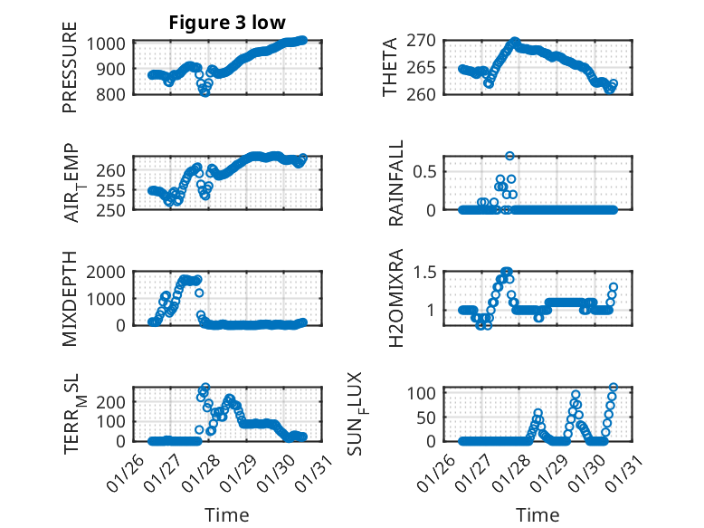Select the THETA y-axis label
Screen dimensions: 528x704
[x=390, y=68]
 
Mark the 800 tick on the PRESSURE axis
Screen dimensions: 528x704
[x=114, y=93]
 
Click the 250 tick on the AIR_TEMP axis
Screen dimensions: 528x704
[x=114, y=209]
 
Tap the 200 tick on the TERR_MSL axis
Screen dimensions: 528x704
[x=114, y=399]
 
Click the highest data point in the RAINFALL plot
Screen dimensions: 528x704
[x=509, y=156]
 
